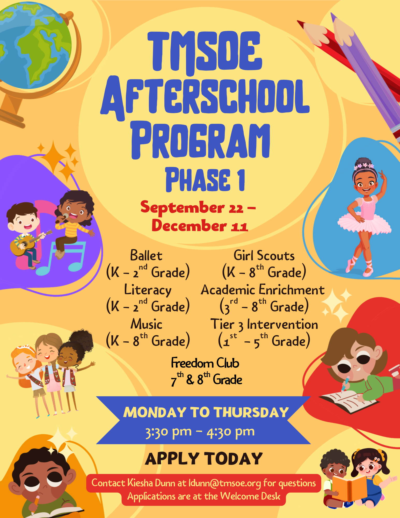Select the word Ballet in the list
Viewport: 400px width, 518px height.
[x=146, y=255]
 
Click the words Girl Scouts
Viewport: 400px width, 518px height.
[x=264, y=255]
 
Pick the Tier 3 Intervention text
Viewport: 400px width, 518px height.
[x=264, y=324]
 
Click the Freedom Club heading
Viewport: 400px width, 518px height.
[x=205, y=363]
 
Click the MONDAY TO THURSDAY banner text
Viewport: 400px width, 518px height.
[x=206, y=412]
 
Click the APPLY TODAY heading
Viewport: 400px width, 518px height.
[x=204, y=459]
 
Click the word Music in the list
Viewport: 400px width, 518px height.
[x=147, y=324]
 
